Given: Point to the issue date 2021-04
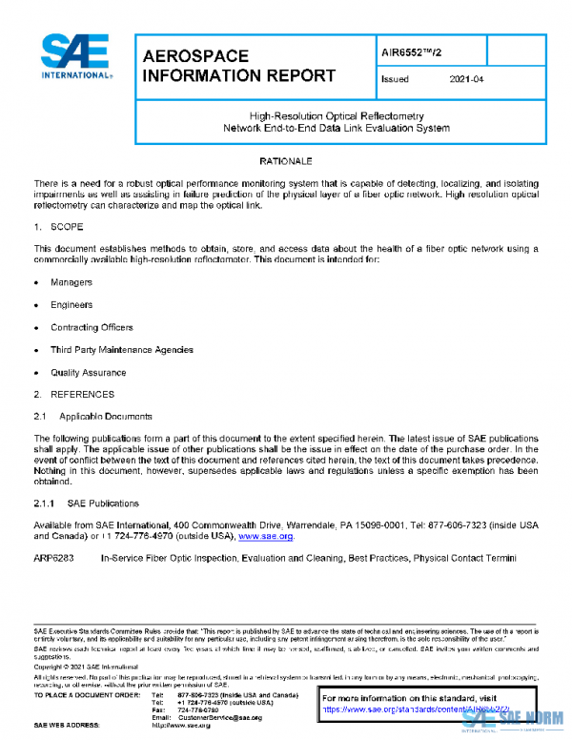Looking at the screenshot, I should point(466,79).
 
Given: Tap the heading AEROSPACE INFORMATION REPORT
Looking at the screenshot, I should point(237,66).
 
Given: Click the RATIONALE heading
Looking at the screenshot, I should point(286,161).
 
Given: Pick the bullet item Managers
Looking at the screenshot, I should point(71,283).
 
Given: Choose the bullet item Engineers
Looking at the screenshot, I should point(71,305).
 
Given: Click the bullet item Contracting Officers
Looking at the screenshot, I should point(92,328).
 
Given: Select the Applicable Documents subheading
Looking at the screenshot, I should point(106,417).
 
